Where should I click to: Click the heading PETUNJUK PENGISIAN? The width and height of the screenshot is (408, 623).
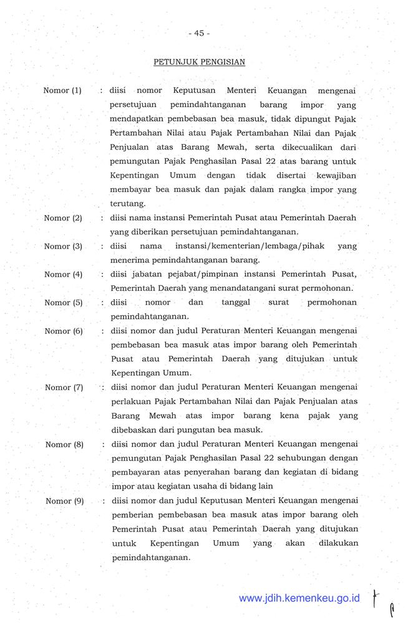point(199,62)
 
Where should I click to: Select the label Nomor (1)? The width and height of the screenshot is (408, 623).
point(62,90)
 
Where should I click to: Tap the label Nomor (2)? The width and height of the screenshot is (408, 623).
point(63,218)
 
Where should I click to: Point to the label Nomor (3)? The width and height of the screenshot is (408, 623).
point(63,246)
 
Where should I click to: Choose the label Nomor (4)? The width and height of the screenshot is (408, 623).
point(63,274)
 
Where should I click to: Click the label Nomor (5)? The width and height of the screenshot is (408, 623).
point(63,302)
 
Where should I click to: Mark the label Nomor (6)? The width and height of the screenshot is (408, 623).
point(64,331)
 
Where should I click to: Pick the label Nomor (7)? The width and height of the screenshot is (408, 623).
point(64,388)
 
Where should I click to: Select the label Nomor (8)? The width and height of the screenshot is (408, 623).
point(64,444)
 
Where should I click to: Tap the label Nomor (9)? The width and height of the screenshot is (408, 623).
point(64,501)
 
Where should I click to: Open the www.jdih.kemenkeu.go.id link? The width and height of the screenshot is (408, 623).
point(299,597)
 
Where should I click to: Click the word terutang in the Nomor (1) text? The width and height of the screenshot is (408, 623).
point(127,204)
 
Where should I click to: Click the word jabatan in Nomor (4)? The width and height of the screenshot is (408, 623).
point(146,274)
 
